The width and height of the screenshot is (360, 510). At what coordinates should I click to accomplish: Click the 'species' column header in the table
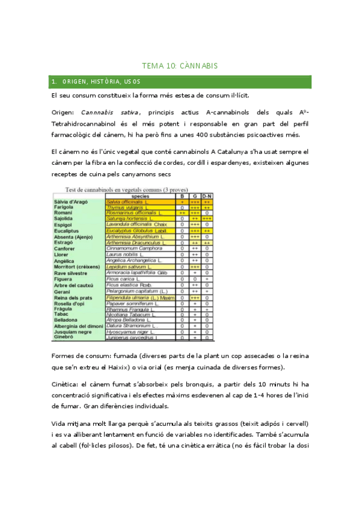140,196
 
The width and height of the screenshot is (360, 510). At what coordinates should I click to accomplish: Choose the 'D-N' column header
207,196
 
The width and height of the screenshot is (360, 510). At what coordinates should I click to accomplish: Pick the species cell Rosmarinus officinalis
134,213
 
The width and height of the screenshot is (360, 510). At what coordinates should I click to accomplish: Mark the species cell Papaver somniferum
130,304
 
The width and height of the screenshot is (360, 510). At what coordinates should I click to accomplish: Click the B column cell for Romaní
182,213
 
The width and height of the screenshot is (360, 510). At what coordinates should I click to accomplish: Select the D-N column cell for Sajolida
207,219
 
